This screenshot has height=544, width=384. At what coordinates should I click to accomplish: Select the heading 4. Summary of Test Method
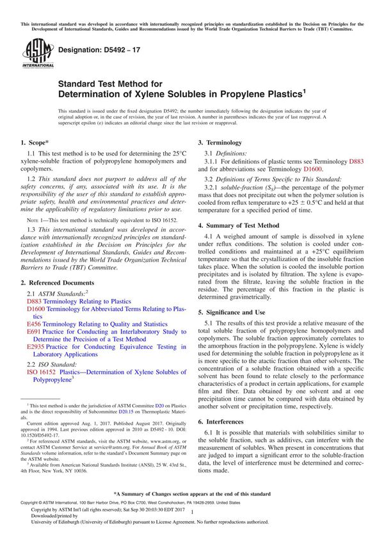(239, 225)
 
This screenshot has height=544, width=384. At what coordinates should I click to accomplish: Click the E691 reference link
(34, 332)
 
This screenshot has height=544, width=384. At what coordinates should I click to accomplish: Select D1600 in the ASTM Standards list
(36, 308)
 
